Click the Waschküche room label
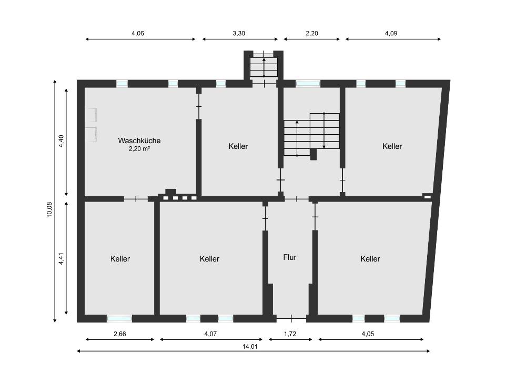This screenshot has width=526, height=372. pos(139,140)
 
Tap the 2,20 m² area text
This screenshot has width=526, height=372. pos(139,148)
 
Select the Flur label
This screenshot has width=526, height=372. pos(290,257)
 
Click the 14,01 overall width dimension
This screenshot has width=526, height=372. pos(250,347)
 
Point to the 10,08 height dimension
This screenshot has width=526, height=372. pos(49,209)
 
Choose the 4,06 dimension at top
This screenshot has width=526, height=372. pos(137,33)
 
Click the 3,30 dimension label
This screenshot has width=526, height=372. pos(239,33)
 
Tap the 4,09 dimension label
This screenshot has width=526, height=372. pos(391,33)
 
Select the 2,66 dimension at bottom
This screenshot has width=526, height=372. pos(120,334)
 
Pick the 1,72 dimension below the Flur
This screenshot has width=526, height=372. pos(290,334)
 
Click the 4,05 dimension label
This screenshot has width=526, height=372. pos(368,334)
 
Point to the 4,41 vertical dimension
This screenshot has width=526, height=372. pos(61,258)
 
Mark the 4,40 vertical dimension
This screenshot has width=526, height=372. pos(61,141)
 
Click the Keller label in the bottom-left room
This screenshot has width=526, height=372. pos(120,259)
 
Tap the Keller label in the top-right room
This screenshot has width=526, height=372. pos(392,146)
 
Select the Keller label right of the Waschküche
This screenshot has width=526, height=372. pos(238,146)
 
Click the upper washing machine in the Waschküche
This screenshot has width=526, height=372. pos(91,115)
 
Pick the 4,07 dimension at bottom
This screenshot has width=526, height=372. pos(210,334)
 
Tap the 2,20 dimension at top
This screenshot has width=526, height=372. pos(311,33)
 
